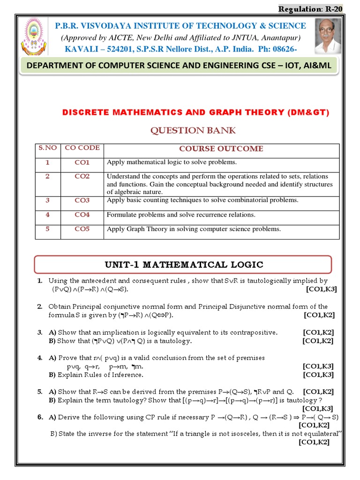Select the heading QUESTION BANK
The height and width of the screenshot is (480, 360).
193,130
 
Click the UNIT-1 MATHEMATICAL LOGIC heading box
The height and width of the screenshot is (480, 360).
183,264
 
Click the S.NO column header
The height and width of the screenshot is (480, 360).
47,148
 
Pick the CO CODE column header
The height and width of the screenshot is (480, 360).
82,148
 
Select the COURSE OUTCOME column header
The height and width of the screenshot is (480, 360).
221,149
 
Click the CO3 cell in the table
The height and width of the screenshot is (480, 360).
82,201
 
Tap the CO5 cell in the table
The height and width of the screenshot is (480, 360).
82,229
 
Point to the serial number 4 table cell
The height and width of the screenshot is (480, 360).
47,215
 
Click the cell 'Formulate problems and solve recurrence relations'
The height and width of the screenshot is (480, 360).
181,215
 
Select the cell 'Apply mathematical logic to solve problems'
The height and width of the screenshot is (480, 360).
172,163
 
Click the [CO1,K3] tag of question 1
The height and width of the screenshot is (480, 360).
321,289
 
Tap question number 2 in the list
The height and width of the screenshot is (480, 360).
40,307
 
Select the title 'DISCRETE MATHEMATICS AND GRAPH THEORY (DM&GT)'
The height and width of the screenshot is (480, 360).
196,112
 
